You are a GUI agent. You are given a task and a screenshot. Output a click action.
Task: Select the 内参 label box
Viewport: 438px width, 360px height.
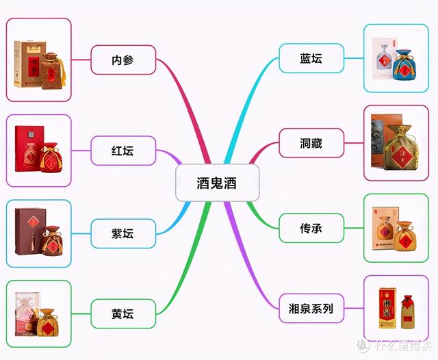tap(123, 60)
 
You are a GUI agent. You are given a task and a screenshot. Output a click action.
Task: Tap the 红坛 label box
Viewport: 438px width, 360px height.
tap(123, 150)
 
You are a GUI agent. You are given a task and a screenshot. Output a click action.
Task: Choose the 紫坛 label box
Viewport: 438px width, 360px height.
tap(123, 233)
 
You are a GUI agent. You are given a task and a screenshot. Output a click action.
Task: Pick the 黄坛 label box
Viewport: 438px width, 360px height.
tap(123, 313)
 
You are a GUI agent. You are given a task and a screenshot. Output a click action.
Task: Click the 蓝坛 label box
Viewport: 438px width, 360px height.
tap(311, 57)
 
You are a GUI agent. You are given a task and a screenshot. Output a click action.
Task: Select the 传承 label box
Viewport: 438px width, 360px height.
tap(311, 227)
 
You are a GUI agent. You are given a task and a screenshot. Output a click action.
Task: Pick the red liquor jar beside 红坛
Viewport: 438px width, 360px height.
tap(51, 159)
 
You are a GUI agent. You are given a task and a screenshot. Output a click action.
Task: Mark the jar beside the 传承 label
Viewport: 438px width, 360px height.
tap(405, 234)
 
